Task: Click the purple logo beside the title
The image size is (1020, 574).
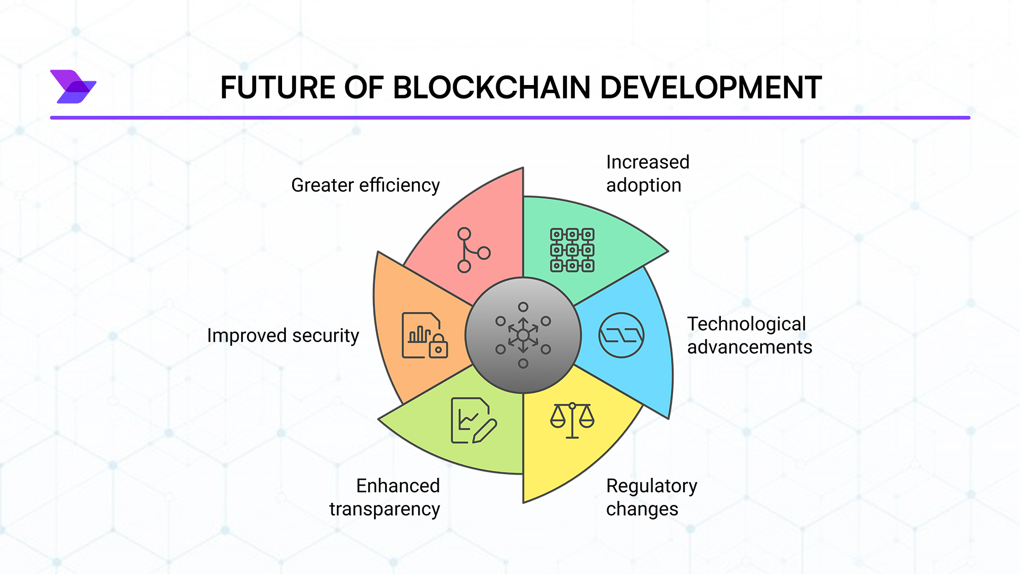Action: coord(73,87)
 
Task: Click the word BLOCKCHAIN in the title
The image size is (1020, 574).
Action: coord(491,88)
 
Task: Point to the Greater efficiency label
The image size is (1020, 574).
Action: coord(365,185)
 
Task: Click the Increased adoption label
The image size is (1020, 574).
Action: coord(647,174)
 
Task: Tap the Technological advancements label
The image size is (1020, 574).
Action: coord(749,335)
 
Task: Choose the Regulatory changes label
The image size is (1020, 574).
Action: coord(651,497)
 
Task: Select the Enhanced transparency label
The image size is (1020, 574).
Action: coord(385,497)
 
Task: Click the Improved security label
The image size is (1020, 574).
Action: coord(283,335)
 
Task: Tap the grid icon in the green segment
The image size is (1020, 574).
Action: coord(572,250)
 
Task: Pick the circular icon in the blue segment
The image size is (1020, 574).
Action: coord(621,335)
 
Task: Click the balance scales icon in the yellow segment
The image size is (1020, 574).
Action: coord(572,420)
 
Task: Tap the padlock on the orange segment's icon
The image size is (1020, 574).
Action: coord(438,348)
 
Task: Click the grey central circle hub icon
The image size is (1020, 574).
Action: coord(523,335)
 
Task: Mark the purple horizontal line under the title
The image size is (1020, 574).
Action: coord(510,117)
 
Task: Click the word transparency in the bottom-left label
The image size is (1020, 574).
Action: coord(385,509)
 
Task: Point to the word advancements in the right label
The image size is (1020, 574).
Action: coord(749,347)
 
